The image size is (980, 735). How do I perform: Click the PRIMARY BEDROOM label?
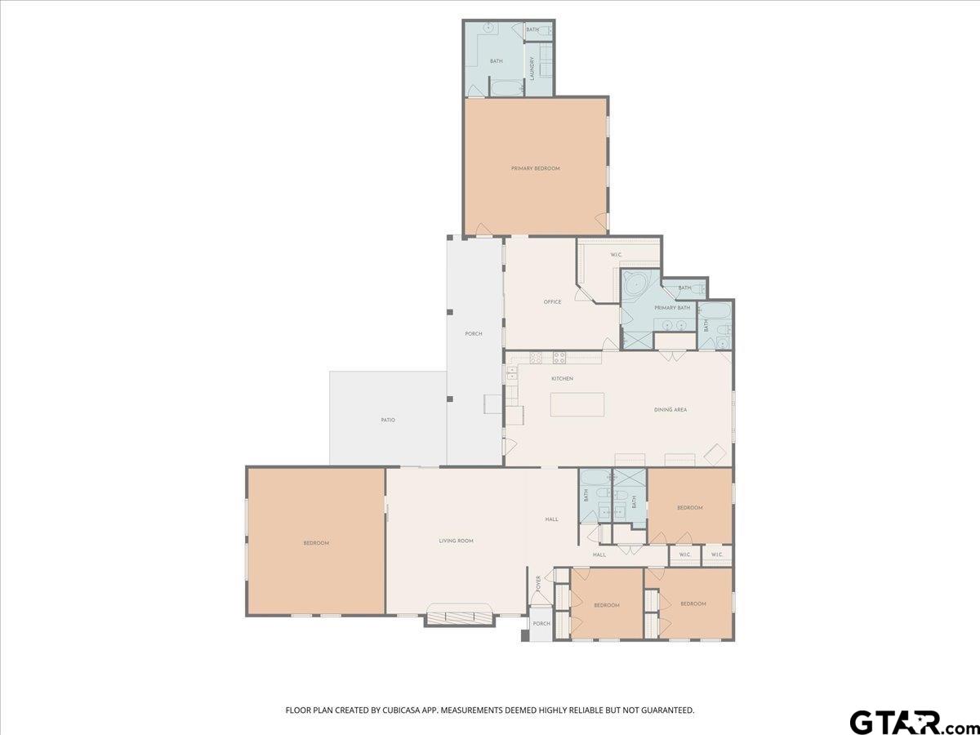(x=535, y=168)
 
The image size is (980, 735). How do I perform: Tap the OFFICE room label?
(x=552, y=302)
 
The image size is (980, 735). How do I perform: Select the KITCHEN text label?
(x=562, y=379)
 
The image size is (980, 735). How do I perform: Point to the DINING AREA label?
(x=670, y=409)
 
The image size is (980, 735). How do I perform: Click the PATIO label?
(x=388, y=420)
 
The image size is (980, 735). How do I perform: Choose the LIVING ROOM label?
(x=456, y=541)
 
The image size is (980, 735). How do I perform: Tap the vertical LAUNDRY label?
(x=532, y=68)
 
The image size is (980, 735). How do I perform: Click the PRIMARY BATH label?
(x=672, y=308)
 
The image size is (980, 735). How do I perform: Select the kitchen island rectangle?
(x=577, y=404)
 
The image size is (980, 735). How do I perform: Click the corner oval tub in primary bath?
(x=635, y=285)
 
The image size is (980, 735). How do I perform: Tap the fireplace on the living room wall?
(x=460, y=617)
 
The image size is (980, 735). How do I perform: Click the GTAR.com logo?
(x=907, y=722)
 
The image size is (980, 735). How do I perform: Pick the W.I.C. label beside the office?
(x=617, y=255)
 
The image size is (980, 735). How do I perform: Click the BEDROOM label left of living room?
(x=316, y=543)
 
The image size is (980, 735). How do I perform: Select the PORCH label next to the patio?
(x=474, y=334)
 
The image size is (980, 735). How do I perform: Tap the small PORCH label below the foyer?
(x=541, y=624)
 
